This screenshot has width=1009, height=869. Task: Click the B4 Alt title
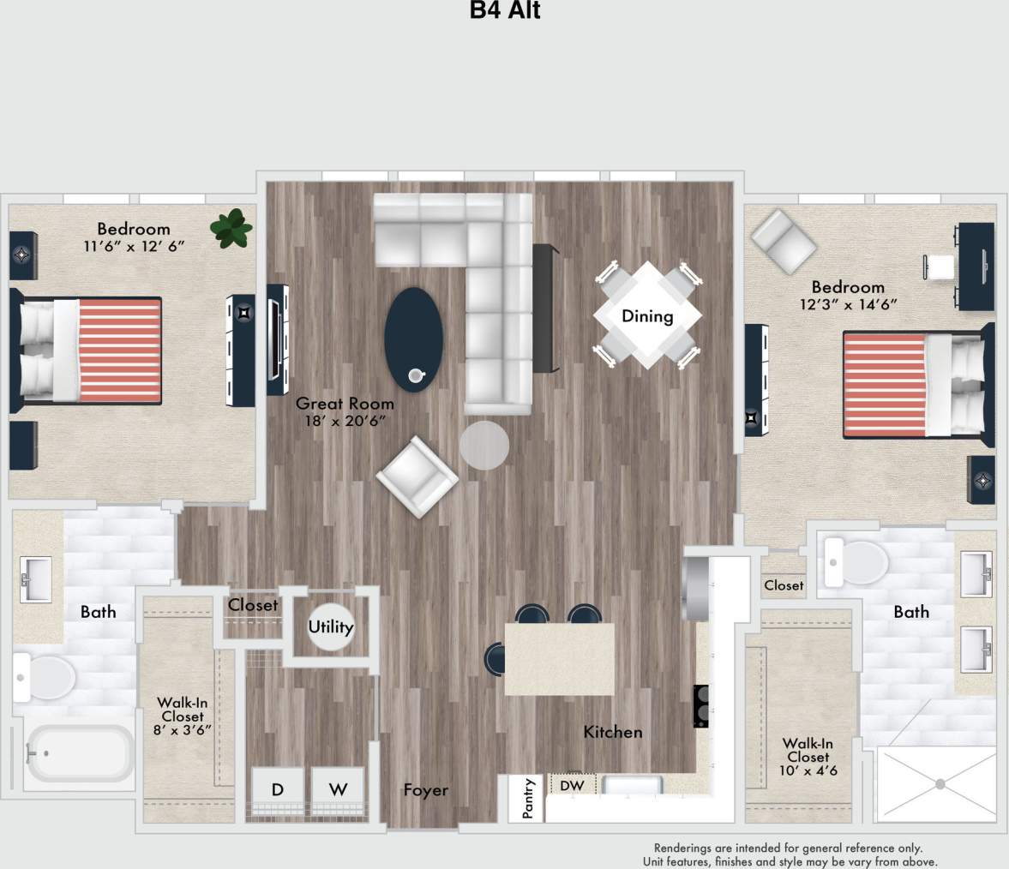[x=504, y=11]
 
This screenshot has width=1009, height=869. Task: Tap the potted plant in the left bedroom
[x=231, y=229]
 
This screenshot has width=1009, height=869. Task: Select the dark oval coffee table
[x=414, y=339]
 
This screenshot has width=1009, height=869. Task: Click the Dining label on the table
[x=647, y=316]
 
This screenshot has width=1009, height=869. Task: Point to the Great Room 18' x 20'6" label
[x=345, y=411]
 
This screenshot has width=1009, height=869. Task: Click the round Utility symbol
[x=331, y=626]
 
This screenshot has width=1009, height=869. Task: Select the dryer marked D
[x=278, y=789]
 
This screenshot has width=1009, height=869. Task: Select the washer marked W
[x=338, y=789]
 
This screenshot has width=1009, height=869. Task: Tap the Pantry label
[x=528, y=799]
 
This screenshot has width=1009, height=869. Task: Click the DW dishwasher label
[x=572, y=785]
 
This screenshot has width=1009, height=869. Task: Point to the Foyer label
[x=425, y=790]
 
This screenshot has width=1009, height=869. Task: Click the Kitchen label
[x=612, y=732]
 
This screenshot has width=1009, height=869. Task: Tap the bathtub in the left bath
[x=79, y=756]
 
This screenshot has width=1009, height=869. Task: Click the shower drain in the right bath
[x=940, y=784]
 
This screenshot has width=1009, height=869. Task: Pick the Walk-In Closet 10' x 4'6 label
[x=808, y=758]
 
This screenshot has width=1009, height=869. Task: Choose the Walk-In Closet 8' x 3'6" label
[x=183, y=716]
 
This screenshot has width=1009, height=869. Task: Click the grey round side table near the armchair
[x=484, y=446]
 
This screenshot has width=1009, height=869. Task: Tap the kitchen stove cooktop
[x=700, y=705]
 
